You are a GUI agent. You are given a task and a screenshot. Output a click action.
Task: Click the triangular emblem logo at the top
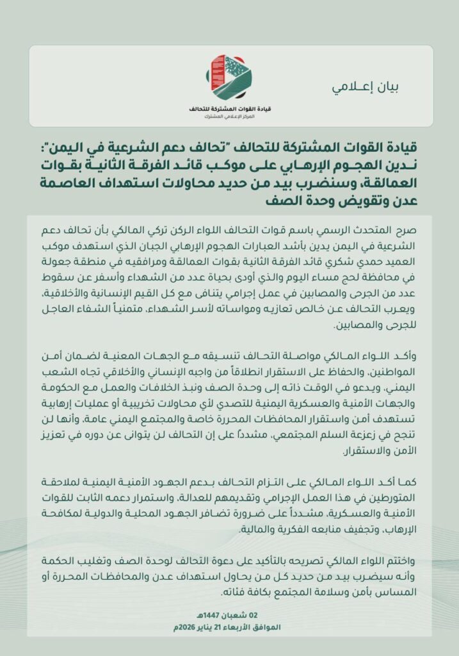pyautogui.click(x=231, y=76)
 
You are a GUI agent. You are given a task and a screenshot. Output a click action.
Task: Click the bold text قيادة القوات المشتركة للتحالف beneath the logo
pyautogui.click(x=231, y=108)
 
